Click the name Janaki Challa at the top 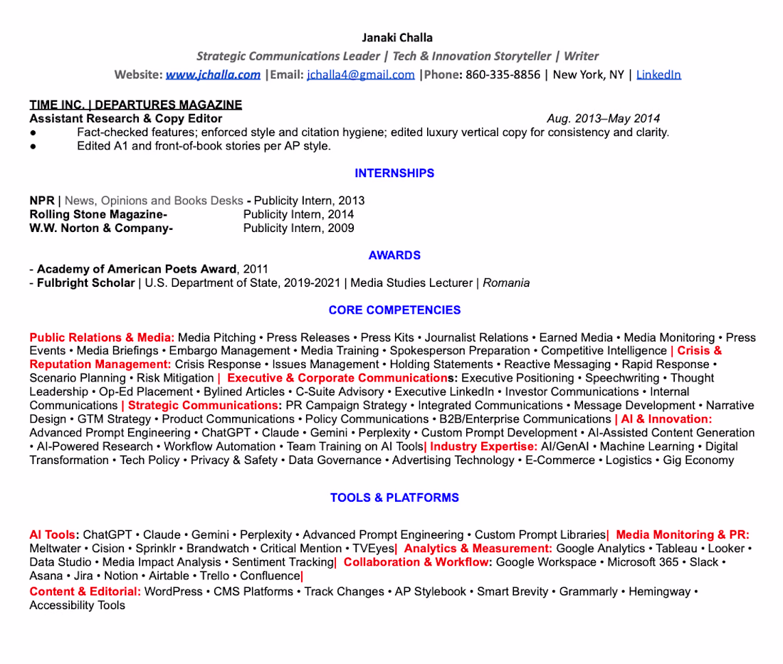pyautogui.click(x=397, y=38)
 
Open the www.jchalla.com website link pyautogui.click(x=213, y=75)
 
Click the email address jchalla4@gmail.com pyautogui.click(x=360, y=75)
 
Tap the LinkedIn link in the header pyautogui.click(x=658, y=75)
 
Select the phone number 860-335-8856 pyautogui.click(x=503, y=75)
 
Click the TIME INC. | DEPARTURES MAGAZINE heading pyautogui.click(x=135, y=105)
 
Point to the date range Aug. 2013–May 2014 pyautogui.click(x=603, y=119)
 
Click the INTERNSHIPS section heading pyautogui.click(x=394, y=174)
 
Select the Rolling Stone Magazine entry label pyautogui.click(x=98, y=214)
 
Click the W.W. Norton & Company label pyautogui.click(x=101, y=228)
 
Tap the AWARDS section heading pyautogui.click(x=394, y=255)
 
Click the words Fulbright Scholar pyautogui.click(x=85, y=283)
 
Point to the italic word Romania pyautogui.click(x=506, y=283)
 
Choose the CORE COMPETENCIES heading pyautogui.click(x=394, y=310)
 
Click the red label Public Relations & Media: pyautogui.click(x=102, y=338)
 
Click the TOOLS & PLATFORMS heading pyautogui.click(x=394, y=498)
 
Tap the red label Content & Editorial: pyautogui.click(x=85, y=592)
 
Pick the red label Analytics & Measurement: pyautogui.click(x=478, y=549)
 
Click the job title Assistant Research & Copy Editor pyautogui.click(x=126, y=119)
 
